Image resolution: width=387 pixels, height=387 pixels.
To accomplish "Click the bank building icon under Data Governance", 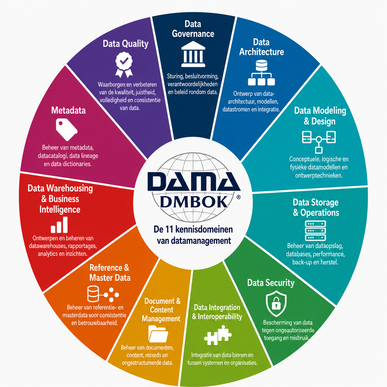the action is [x=193, y=54].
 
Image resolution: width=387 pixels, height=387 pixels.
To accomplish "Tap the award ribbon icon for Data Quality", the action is [x=124, y=65].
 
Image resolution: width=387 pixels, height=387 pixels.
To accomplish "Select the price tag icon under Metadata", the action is [x=66, y=129].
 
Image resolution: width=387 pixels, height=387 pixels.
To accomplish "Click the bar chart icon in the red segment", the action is [x=59, y=225].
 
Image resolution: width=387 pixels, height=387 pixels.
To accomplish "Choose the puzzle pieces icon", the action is [x=218, y=335].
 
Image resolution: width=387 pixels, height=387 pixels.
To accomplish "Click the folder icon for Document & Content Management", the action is [x=158, y=334].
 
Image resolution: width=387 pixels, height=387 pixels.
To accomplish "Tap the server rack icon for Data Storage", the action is [x=315, y=231].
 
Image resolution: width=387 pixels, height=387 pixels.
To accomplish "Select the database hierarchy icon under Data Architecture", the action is [x=261, y=73].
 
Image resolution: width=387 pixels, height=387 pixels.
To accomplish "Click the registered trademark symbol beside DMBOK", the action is [x=238, y=197].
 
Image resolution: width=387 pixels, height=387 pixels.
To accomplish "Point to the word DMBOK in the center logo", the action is [x=194, y=202].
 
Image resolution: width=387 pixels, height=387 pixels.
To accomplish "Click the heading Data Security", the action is [x=271, y=283].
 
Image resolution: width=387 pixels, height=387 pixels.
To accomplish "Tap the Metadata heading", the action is [x=68, y=110].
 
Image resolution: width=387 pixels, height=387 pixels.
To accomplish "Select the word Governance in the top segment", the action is [x=193, y=34].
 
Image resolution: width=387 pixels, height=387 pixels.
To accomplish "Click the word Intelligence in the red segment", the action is [x=60, y=210].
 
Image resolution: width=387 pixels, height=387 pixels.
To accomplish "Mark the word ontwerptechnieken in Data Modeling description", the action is [x=319, y=176].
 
